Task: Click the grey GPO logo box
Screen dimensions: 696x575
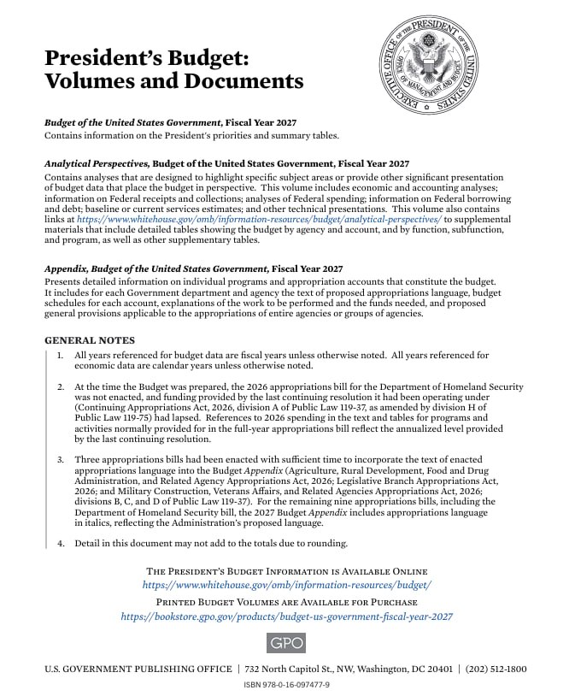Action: [286, 643]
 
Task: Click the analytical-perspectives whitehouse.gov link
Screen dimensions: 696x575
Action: [259, 220]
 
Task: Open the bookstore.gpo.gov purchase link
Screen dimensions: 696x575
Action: [286, 616]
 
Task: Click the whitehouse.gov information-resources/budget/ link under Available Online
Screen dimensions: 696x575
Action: [286, 585]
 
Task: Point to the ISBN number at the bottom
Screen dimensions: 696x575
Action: [286, 685]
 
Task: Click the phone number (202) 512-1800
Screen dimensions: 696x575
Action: [496, 669]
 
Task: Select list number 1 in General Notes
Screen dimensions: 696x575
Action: [61, 355]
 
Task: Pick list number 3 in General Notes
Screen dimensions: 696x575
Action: [61, 460]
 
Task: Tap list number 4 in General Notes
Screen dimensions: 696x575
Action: [61, 543]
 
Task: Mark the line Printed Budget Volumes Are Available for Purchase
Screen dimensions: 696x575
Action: [286, 602]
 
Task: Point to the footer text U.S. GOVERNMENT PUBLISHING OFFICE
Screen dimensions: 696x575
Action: [138, 669]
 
